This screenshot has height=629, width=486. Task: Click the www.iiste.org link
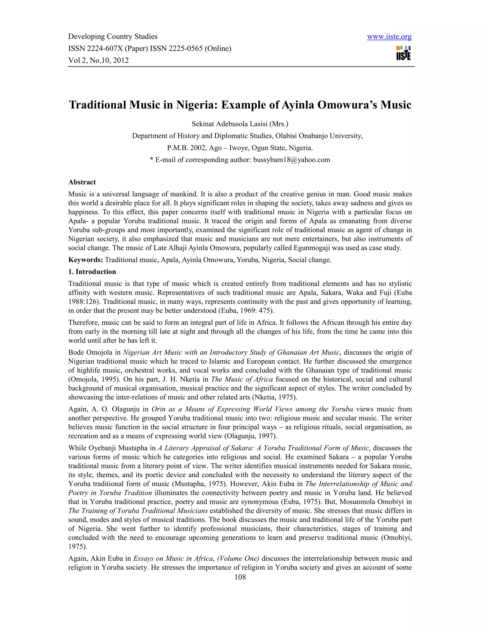click(389, 37)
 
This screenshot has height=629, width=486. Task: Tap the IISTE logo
click(403, 53)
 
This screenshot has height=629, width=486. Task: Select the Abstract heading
click(82, 182)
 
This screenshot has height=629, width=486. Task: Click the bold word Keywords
click(85, 260)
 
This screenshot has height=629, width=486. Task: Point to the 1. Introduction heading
click(92, 272)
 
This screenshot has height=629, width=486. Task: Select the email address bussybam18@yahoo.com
click(291, 160)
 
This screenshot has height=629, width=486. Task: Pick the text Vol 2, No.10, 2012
click(98, 60)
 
